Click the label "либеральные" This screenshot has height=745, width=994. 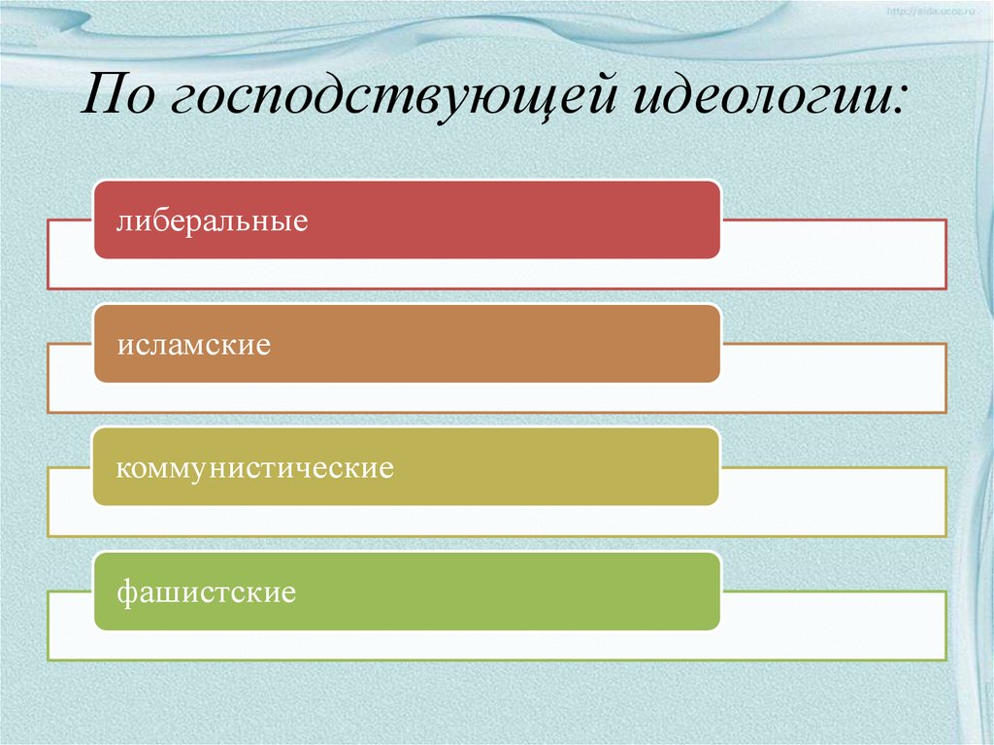213,221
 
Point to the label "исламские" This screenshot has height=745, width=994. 193,345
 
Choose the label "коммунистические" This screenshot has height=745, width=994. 254,468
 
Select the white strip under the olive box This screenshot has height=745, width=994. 495,521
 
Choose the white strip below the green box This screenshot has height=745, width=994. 495,645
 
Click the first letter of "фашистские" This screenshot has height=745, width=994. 124,592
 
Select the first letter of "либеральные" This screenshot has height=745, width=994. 122,222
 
